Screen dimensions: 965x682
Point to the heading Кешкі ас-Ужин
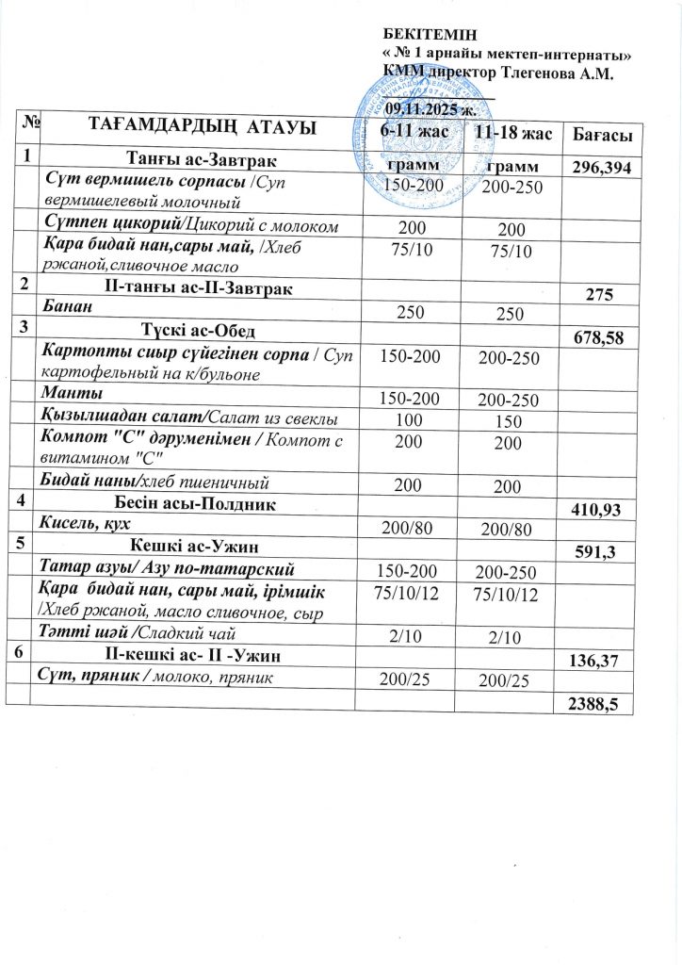click(x=195, y=546)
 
